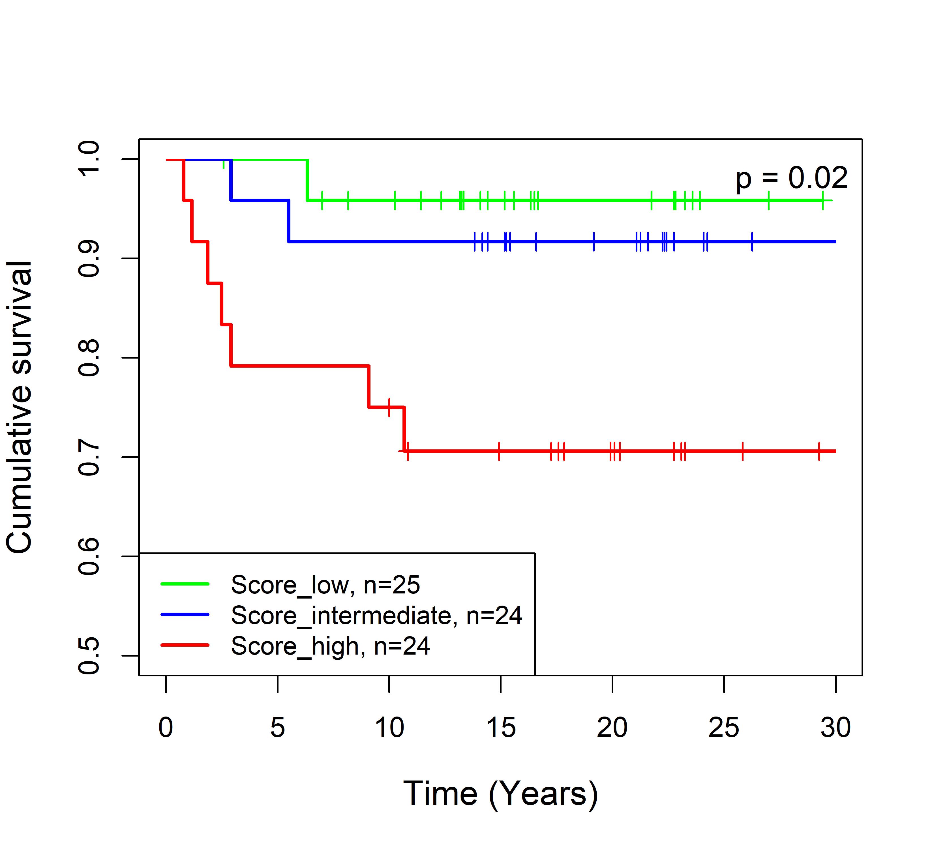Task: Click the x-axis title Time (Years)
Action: pyautogui.click(x=500, y=794)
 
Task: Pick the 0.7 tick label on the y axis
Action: pyautogui.click(x=89, y=457)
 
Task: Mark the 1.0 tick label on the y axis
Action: pyautogui.click(x=89, y=159)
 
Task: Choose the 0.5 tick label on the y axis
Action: pyautogui.click(x=89, y=655)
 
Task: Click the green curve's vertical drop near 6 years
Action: pyautogui.click(x=307, y=180)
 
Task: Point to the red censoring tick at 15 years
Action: pyautogui.click(x=499, y=451)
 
